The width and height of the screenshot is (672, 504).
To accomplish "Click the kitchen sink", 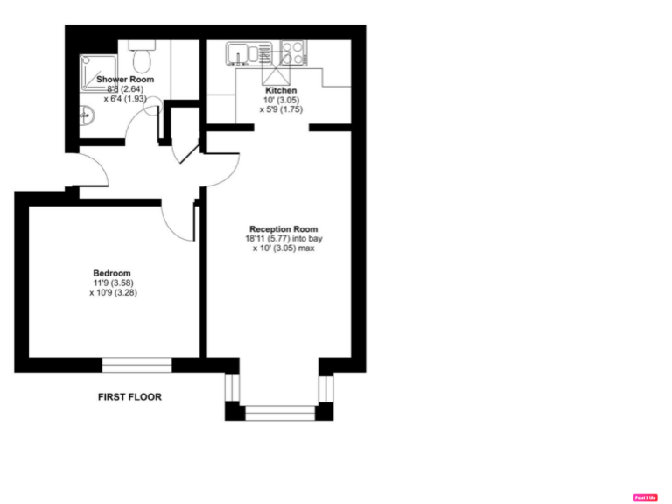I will (x=239, y=54).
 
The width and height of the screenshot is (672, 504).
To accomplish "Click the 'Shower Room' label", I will (x=125, y=80).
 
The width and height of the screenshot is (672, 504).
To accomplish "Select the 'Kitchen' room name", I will (x=281, y=90).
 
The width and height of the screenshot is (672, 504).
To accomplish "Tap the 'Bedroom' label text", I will (x=112, y=273).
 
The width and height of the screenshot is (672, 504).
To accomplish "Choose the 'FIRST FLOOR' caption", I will (x=129, y=397).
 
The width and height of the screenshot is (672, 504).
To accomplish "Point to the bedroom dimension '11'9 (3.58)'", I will (x=113, y=283).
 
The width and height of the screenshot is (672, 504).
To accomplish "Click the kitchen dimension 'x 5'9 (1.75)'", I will (x=281, y=110).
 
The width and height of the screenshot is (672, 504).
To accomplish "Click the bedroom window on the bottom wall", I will (x=137, y=365).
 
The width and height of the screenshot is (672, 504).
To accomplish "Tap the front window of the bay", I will (x=280, y=412).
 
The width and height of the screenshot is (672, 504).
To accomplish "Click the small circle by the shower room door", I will (x=152, y=108).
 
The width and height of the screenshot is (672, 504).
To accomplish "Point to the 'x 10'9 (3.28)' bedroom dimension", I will (x=113, y=293).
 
